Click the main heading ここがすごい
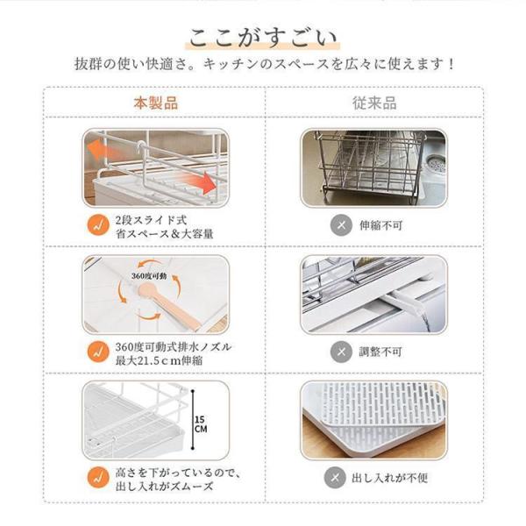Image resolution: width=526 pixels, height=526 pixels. coord(263,38)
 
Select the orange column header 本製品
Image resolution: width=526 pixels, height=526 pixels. coord(156,103)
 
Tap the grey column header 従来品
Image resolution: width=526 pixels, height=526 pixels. coord(374,103)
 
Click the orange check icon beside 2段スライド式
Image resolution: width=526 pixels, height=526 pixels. coord(98,225)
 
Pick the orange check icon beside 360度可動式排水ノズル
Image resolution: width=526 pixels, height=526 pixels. coord(98,352)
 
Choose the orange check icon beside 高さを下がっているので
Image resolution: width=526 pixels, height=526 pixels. coord(98,478)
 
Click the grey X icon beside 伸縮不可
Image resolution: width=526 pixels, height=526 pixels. coord(341,225)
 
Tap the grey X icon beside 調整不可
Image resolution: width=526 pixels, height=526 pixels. coord(341,352)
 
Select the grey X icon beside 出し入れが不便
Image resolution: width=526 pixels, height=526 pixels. coord(335,478)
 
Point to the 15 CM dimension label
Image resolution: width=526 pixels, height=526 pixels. coord(200,424)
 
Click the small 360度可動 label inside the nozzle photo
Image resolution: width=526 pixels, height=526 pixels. coord(149,276)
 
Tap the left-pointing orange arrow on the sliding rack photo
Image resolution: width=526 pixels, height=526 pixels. coord(100,151)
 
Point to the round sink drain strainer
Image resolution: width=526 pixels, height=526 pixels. coord(435,165)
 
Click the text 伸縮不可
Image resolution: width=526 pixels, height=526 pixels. coord(380,225)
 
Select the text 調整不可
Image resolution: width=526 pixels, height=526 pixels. coord(380,352)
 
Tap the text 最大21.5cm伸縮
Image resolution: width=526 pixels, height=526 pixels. coord(159,360)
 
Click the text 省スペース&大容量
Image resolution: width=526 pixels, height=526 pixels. coord(165,234)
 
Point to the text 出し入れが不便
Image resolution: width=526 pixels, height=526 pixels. coord(389,478)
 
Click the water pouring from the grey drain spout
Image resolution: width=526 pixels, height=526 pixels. coord(424,321)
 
